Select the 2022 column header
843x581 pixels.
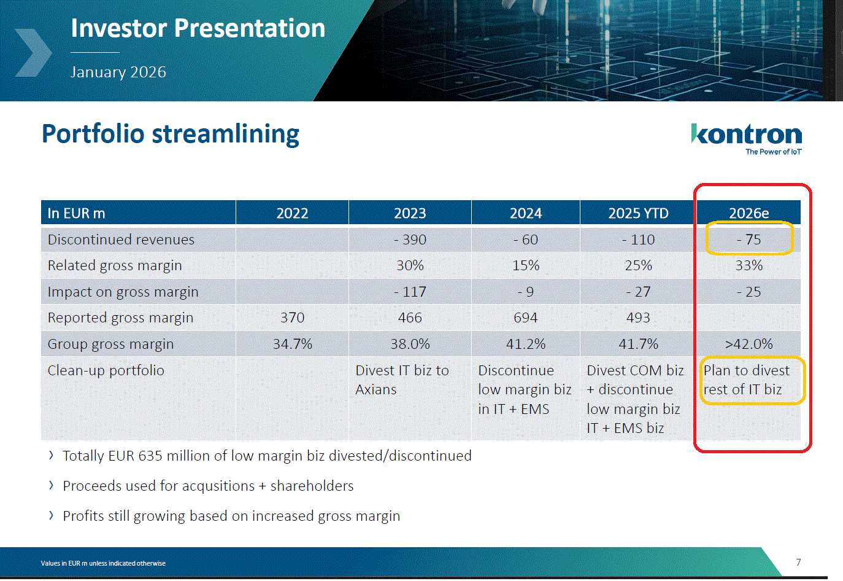[x=292, y=213]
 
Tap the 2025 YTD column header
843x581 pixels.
[x=638, y=213]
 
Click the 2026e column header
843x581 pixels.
[x=749, y=213]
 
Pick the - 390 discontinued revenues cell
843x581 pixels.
[x=410, y=240]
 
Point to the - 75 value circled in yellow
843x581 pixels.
[x=749, y=240]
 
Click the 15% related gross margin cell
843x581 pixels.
[x=526, y=265]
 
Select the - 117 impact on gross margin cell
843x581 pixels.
[x=410, y=292]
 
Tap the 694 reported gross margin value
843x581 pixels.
[x=526, y=318]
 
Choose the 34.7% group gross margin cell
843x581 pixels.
[x=292, y=344]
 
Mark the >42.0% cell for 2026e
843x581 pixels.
[x=749, y=344]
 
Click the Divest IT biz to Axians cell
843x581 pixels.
[x=402, y=380]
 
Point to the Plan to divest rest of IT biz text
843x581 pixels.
[x=746, y=380]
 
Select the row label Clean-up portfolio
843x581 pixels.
[x=106, y=370]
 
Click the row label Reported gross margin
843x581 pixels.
[x=120, y=318]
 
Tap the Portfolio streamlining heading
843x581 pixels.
[x=171, y=134]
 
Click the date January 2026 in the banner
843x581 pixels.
[x=118, y=72]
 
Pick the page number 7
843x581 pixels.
[x=798, y=562]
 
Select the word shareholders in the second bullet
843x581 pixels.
[x=312, y=486]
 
